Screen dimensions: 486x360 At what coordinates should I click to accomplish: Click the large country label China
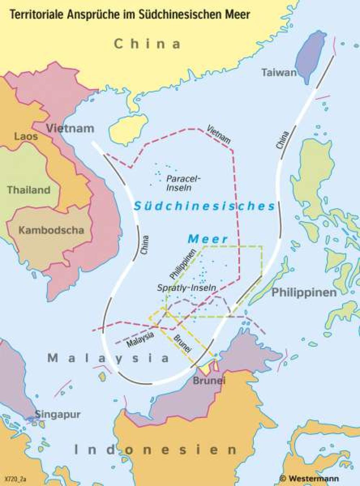(147, 44)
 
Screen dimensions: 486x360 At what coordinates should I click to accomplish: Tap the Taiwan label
(279, 73)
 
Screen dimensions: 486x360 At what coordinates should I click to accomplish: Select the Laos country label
(26, 136)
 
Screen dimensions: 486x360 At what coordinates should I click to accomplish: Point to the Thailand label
(29, 190)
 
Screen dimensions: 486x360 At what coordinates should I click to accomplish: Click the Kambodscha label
(51, 230)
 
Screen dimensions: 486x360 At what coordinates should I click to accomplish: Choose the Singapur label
(58, 414)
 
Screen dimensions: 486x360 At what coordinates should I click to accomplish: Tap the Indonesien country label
(156, 450)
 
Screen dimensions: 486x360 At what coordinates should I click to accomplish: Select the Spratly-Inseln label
(186, 287)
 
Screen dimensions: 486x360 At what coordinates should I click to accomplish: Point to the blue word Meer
(208, 239)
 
